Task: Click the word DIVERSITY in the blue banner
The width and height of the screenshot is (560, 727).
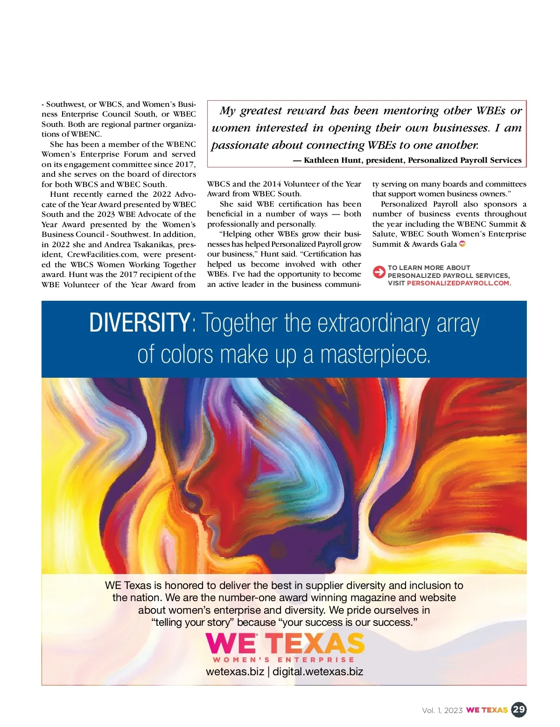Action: coord(139,323)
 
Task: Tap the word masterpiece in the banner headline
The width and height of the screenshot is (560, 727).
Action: coord(375,355)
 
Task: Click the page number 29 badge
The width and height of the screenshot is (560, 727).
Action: coord(519,710)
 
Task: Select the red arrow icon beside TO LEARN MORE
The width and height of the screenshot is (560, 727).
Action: coord(379,271)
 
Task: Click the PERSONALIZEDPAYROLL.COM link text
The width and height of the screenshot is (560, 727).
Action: coord(459,283)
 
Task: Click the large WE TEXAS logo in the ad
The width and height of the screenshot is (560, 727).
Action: coord(285,644)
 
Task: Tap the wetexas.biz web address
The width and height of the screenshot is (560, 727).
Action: coord(235,672)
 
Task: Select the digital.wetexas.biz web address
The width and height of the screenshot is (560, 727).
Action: coord(318,672)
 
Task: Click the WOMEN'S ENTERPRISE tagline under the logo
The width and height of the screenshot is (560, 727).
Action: coord(284,660)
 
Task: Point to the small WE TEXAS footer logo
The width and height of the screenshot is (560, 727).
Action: coord(487,710)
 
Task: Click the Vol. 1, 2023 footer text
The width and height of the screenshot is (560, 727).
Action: coord(442,710)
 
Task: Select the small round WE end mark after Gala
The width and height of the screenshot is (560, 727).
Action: coord(462,244)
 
